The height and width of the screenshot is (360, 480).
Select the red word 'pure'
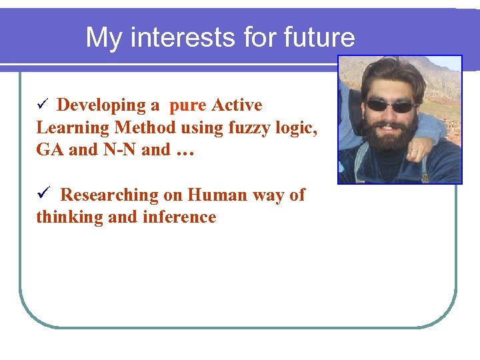pyautogui.click(x=187, y=105)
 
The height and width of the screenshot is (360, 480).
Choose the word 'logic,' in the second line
pyautogui.click(x=294, y=127)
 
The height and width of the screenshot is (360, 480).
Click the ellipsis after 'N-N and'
pyautogui.click(x=185, y=151)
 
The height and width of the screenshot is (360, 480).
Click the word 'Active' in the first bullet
pyautogui.click(x=237, y=105)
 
